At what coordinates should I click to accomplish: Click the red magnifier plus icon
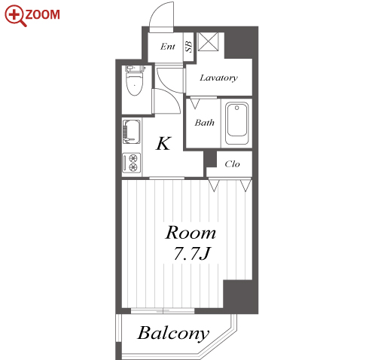click(x=15, y=15)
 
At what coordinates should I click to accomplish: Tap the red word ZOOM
click(x=43, y=14)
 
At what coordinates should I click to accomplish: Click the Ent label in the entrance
click(x=168, y=47)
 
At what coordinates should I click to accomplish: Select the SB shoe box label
click(x=189, y=47)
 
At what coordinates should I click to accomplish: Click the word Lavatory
click(x=218, y=78)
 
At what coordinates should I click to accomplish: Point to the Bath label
click(x=204, y=123)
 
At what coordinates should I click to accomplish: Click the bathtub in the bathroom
click(x=236, y=124)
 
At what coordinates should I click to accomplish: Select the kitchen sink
click(x=132, y=132)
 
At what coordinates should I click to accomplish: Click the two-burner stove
click(x=132, y=163)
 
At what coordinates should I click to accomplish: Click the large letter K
click(x=163, y=143)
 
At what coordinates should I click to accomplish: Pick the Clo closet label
click(x=232, y=164)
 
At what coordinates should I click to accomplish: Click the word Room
click(x=191, y=233)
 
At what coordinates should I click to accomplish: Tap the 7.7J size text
click(x=191, y=254)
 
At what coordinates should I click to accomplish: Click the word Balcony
click(x=173, y=334)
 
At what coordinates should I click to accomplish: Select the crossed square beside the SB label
click(x=208, y=41)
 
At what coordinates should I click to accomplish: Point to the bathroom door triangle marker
click(x=195, y=103)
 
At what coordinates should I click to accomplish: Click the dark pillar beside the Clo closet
click(x=210, y=159)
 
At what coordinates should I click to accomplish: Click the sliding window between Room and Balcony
click(x=163, y=311)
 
